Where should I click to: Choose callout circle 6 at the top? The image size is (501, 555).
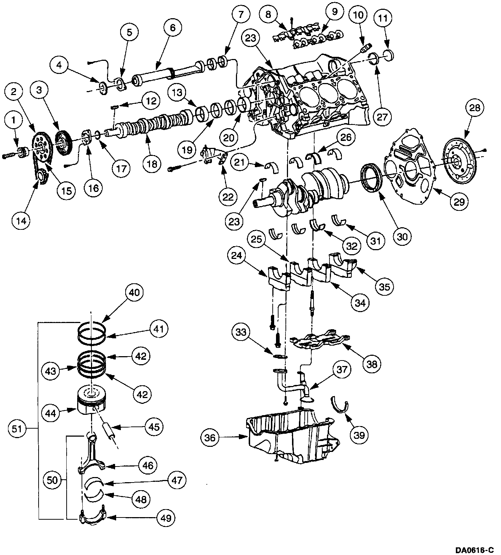(173, 27)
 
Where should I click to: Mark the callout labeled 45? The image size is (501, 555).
(154, 426)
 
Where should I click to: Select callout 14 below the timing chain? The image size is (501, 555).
(21, 220)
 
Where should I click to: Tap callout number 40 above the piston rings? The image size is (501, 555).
(134, 292)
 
